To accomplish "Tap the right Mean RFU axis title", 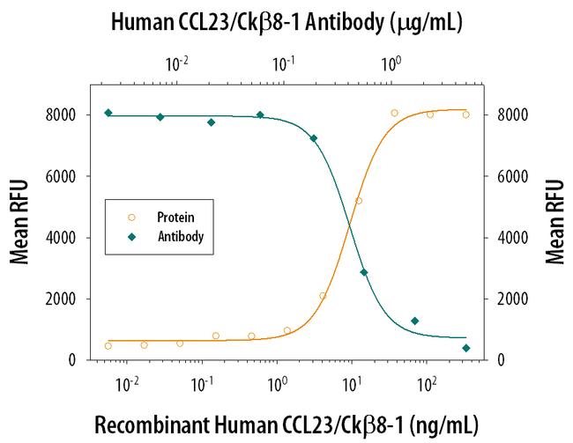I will (554, 222).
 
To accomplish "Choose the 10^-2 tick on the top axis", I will (177, 64).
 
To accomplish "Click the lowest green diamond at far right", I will (465, 348).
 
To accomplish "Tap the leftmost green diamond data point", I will (108, 113).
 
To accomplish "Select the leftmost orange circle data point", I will (108, 346).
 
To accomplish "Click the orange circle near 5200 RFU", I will (358, 201).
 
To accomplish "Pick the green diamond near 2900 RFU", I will (364, 272).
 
